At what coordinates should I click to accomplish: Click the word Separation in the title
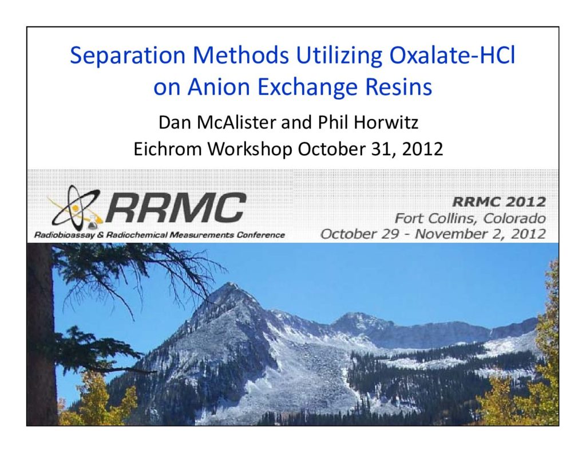(x=128, y=56)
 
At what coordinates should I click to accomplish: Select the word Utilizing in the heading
(x=339, y=56)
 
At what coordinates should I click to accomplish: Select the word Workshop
(x=250, y=149)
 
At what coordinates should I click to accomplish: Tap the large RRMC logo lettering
(x=176, y=208)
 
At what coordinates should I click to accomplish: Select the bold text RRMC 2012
(x=499, y=202)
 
